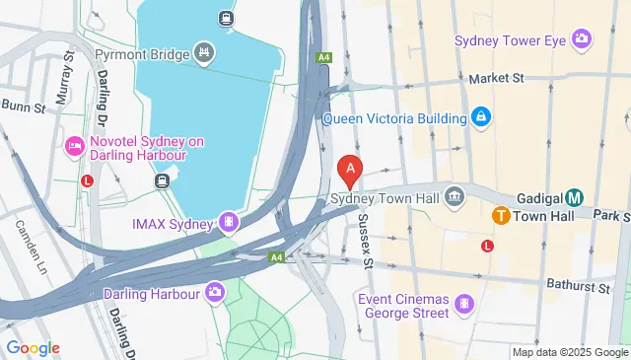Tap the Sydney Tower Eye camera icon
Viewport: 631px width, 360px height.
click(x=583, y=39)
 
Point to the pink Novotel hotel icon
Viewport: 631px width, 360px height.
click(x=74, y=147)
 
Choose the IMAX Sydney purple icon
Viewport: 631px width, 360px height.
click(x=229, y=223)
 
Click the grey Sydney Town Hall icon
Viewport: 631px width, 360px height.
click(x=455, y=196)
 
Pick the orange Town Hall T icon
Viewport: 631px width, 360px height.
click(x=501, y=215)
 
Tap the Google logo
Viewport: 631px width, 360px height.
click(x=33, y=347)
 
